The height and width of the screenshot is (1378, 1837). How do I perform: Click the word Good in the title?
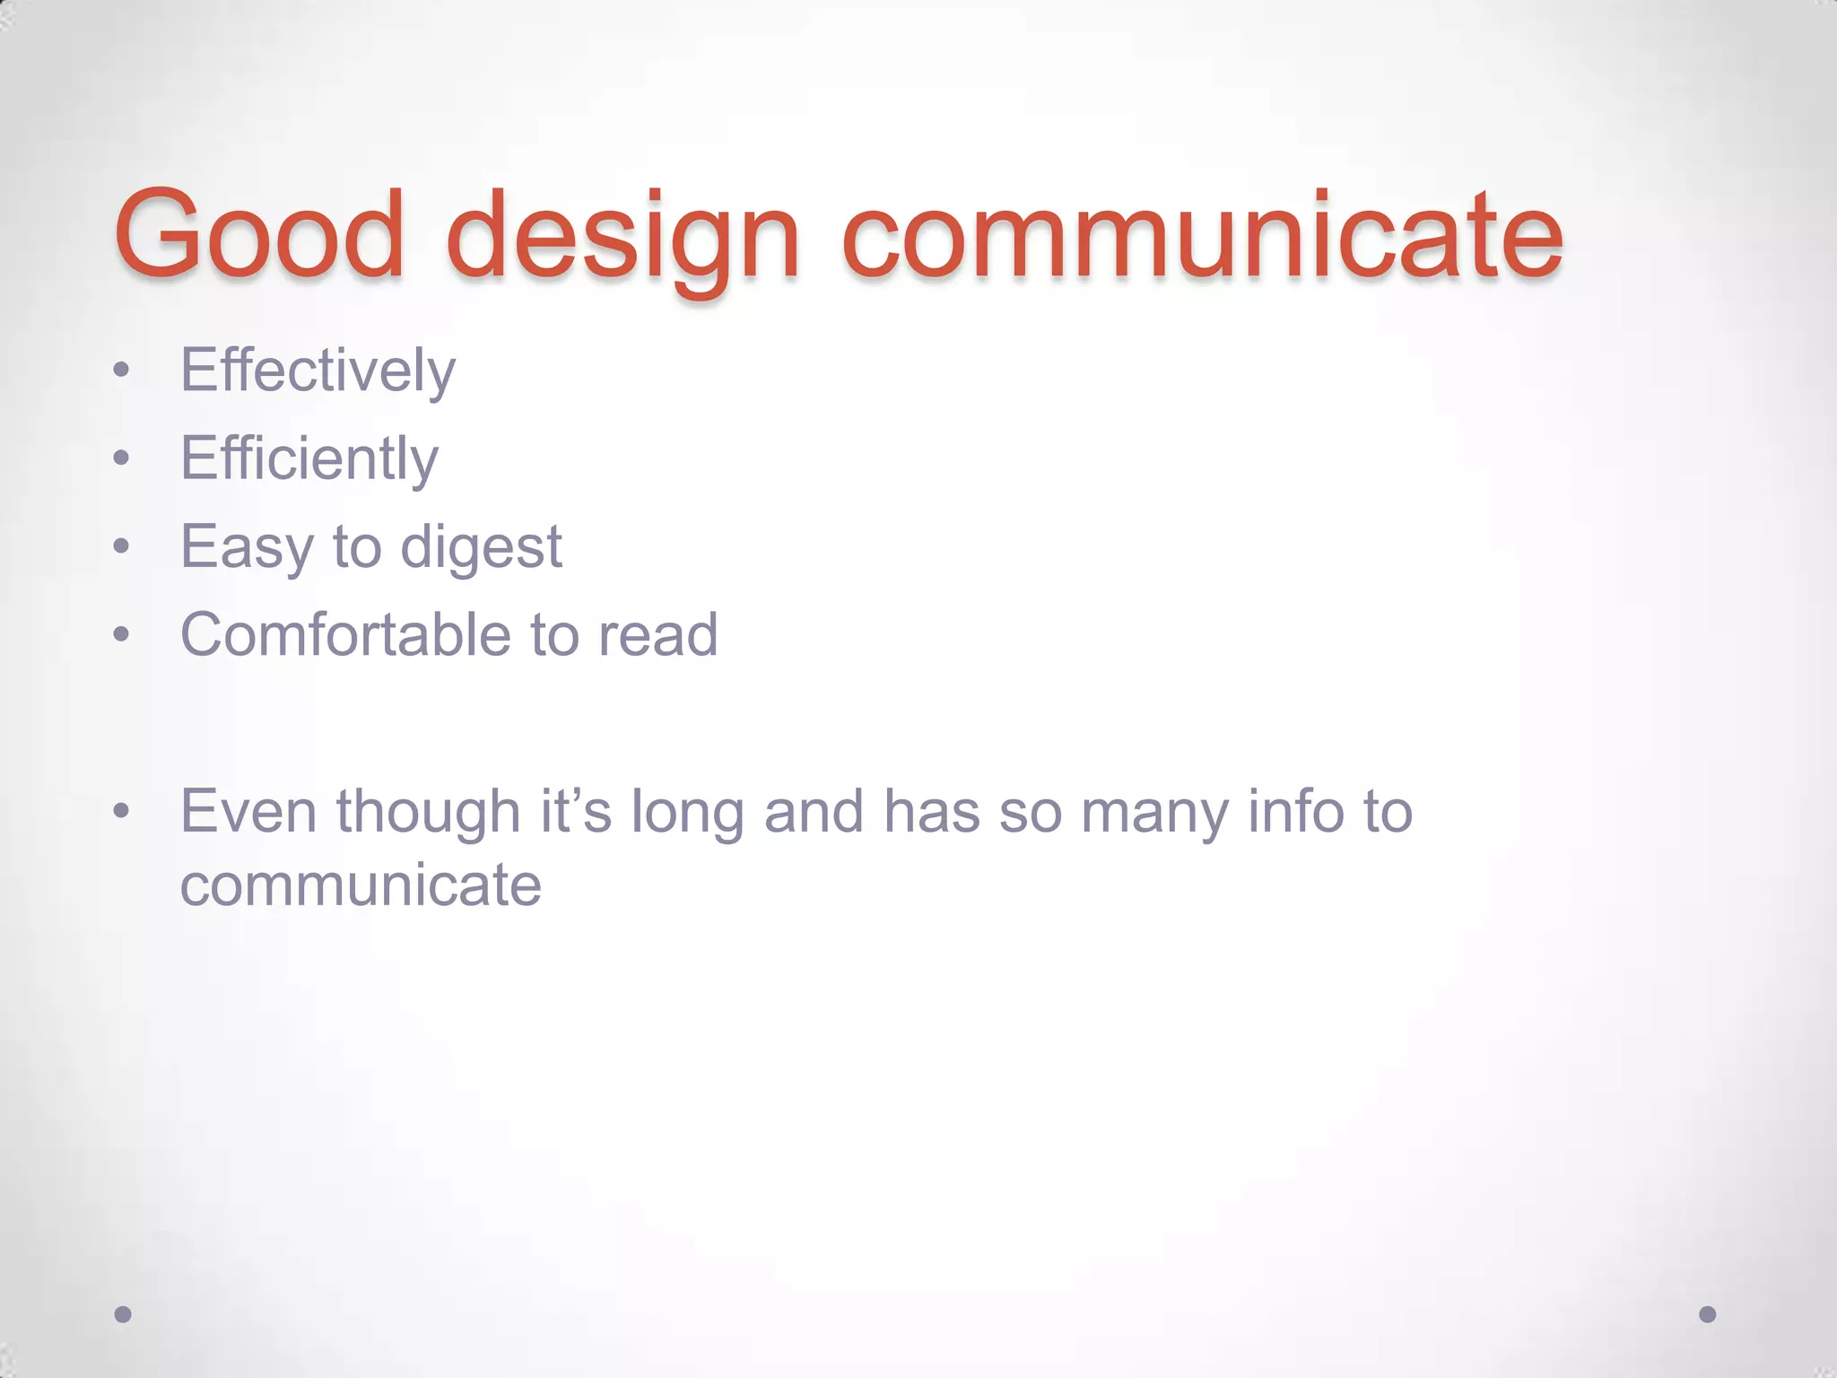[x=260, y=235]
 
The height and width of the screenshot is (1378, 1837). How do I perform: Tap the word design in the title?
[x=622, y=240]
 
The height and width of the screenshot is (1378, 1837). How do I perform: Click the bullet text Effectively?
[x=318, y=371]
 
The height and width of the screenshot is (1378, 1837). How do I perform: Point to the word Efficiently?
[x=309, y=458]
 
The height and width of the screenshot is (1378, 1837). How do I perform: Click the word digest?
[x=481, y=547]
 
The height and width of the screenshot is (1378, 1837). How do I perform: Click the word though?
[x=429, y=813]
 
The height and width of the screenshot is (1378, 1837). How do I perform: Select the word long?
[x=687, y=813]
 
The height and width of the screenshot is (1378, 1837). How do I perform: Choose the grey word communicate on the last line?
[x=361, y=885]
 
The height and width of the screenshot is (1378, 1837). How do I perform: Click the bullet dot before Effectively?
[x=122, y=371]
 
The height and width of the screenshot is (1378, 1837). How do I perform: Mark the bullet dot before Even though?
[x=122, y=813]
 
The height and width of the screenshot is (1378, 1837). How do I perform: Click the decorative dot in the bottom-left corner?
[x=124, y=1314]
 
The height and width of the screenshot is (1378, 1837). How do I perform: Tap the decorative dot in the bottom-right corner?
[x=1708, y=1314]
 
